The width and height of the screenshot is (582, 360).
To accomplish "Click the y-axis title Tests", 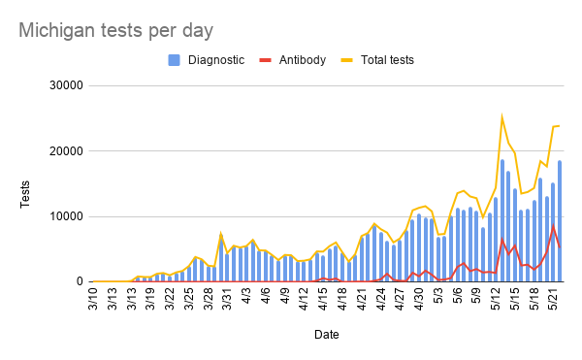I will pyautogui.click(x=26, y=184).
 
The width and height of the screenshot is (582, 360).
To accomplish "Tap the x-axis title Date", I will pyautogui.click(x=327, y=335).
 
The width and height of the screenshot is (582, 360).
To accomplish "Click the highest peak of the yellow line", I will pyautogui.click(x=502, y=118).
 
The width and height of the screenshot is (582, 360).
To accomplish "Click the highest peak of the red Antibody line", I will pyautogui.click(x=554, y=225).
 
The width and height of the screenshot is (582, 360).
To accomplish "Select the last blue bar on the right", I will pyautogui.click(x=561, y=223).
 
